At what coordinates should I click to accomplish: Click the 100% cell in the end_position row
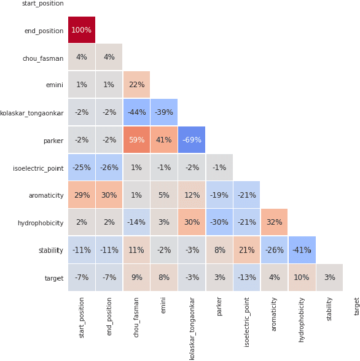click(x=82, y=30)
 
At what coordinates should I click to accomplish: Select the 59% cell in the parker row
click(x=136, y=140)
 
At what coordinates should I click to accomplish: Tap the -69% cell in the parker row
click(x=192, y=140)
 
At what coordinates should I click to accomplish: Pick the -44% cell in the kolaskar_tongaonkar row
click(x=136, y=112)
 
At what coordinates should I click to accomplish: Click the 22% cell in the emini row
click(x=136, y=85)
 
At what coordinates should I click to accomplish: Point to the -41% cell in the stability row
click(x=302, y=250)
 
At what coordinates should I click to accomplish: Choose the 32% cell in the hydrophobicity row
click(x=274, y=223)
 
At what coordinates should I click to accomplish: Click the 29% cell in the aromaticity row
click(x=82, y=195)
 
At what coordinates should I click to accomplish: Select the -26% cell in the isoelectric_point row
click(x=109, y=168)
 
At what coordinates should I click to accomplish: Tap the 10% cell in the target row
click(x=302, y=278)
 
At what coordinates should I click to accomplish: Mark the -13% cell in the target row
click(x=246, y=278)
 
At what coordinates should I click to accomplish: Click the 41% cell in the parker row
click(x=164, y=140)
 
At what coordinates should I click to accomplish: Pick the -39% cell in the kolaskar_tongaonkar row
click(x=164, y=112)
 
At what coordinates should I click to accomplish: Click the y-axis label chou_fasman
click(x=43, y=58)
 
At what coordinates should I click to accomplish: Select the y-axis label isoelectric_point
click(x=38, y=168)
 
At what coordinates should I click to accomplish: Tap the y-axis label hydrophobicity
click(x=40, y=223)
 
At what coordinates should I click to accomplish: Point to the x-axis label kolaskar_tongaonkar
click(x=192, y=328)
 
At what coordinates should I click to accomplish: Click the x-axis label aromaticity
click(x=274, y=314)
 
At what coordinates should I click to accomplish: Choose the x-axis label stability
click(x=329, y=309)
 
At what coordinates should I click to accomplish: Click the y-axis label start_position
click(x=42, y=4)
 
